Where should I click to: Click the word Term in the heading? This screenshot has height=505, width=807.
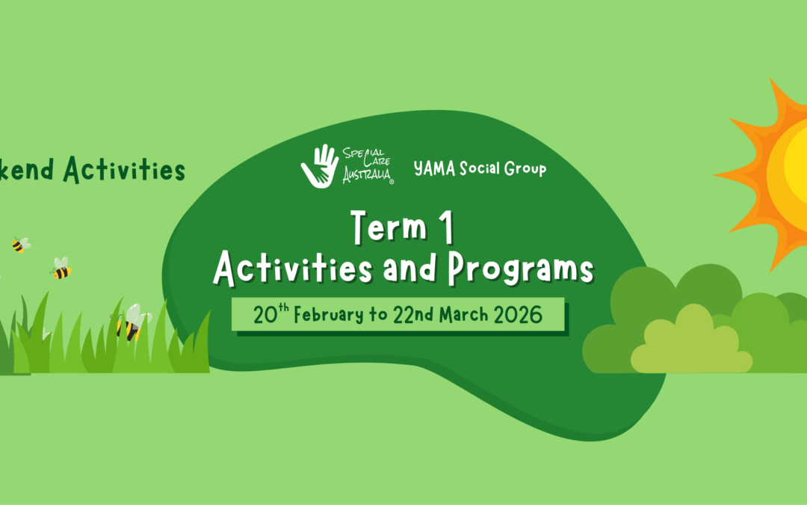pos(389,227)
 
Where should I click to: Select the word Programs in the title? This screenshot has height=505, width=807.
pos(521,269)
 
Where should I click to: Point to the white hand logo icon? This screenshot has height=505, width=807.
pos(320,166)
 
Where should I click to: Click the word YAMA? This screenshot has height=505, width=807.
pos(434,168)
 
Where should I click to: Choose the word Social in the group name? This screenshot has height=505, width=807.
pos(480,168)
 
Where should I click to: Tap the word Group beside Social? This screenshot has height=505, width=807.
pos(525,169)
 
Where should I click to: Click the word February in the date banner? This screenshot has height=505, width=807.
pos(328,314)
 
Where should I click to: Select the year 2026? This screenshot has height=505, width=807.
pos(518,315)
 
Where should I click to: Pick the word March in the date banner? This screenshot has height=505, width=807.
pos(463,314)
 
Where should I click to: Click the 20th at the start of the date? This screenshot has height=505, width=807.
pos(270,313)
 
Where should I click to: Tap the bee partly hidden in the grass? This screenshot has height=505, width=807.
pos(131,323)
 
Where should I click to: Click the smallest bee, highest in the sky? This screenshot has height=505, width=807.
pos(21,245)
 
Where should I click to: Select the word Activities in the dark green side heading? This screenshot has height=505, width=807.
pos(124,170)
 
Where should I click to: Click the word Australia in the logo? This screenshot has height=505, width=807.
pos(366,174)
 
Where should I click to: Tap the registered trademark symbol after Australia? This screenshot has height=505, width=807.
pos(392,181)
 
